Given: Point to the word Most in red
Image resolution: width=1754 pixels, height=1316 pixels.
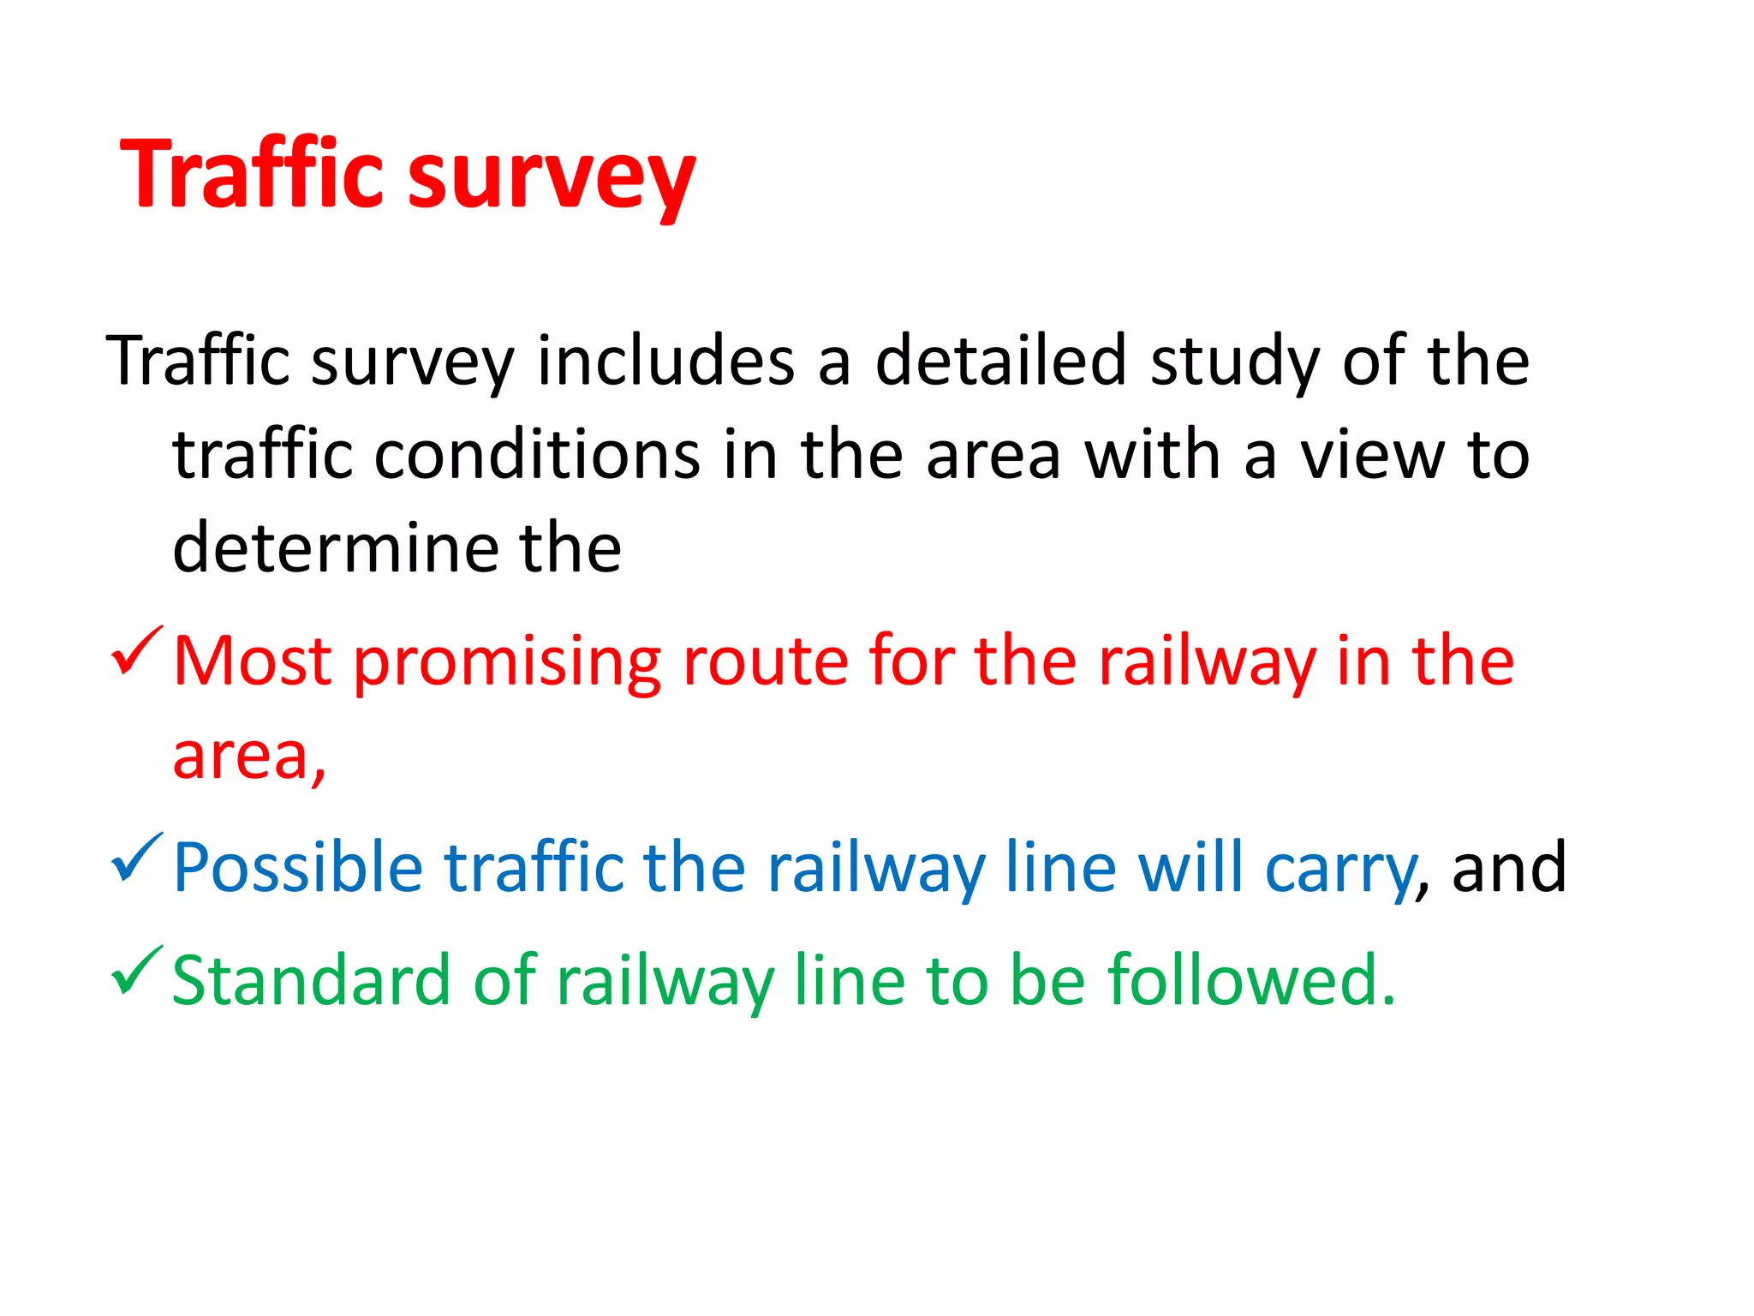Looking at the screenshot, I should point(252,661).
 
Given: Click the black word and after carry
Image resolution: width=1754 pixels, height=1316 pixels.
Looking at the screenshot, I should point(1508,868).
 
